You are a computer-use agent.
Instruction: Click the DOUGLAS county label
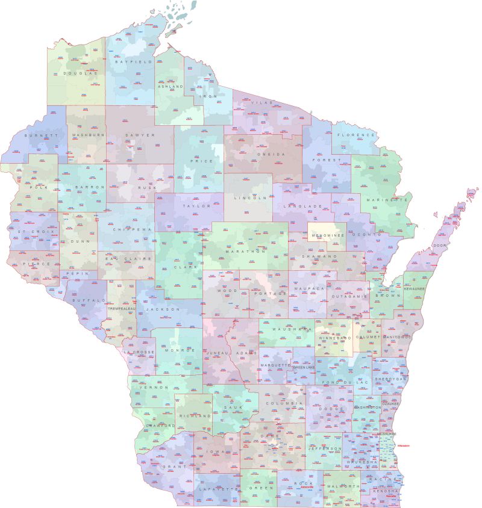pyautogui.click(x=77, y=73)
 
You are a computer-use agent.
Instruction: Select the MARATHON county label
pyautogui.click(x=245, y=251)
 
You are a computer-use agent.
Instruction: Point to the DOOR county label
pyautogui.click(x=440, y=246)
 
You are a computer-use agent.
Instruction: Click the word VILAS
pyautogui.click(x=266, y=103)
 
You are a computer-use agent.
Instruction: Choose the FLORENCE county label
pyautogui.click(x=357, y=135)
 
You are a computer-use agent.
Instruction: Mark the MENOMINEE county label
pyautogui.click(x=327, y=235)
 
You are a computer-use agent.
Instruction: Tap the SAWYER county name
pyautogui.click(x=140, y=135)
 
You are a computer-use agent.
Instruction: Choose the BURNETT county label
pyautogui.click(x=42, y=135)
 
